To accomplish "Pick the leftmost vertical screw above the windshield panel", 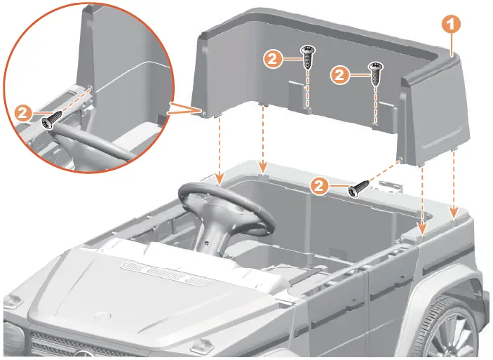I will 306,56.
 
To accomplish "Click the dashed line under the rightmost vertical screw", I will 375,105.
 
